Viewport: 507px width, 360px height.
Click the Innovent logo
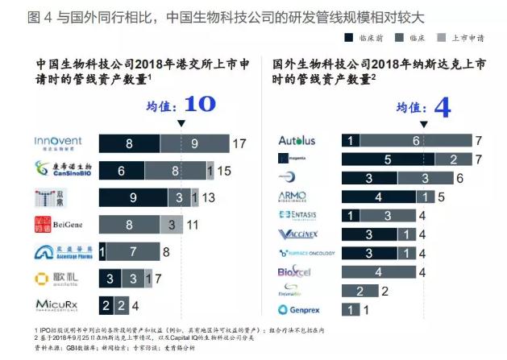click(58, 143)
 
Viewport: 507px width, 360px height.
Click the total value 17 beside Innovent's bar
click(239, 143)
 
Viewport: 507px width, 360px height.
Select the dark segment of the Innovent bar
click(129, 143)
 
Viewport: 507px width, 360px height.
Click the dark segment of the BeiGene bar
click(129, 223)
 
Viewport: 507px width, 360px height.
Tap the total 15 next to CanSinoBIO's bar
click(226, 170)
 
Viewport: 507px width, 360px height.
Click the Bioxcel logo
click(293, 271)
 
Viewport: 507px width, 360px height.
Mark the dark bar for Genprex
click(351, 308)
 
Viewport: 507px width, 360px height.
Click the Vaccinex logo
click(296, 234)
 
